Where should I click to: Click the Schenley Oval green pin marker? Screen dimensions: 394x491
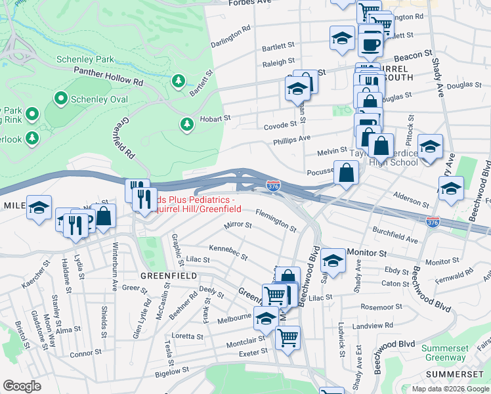pos(61,99)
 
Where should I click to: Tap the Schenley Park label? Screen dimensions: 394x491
pos(85,59)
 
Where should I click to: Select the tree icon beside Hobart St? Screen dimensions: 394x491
pos(187,124)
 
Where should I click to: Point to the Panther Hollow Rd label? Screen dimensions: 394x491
pos(108,83)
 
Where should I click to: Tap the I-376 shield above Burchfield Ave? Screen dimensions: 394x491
pos(432,223)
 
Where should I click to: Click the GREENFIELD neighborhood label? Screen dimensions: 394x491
pos(167,276)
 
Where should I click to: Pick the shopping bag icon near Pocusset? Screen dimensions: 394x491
pos(346,173)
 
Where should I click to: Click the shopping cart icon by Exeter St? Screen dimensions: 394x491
pos(288,338)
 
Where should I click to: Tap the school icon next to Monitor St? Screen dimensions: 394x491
pos(333,261)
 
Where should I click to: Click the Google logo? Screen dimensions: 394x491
pos(22,386)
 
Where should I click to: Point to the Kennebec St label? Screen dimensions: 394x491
pos(228,252)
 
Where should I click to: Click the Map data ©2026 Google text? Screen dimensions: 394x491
pos(450,389)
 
